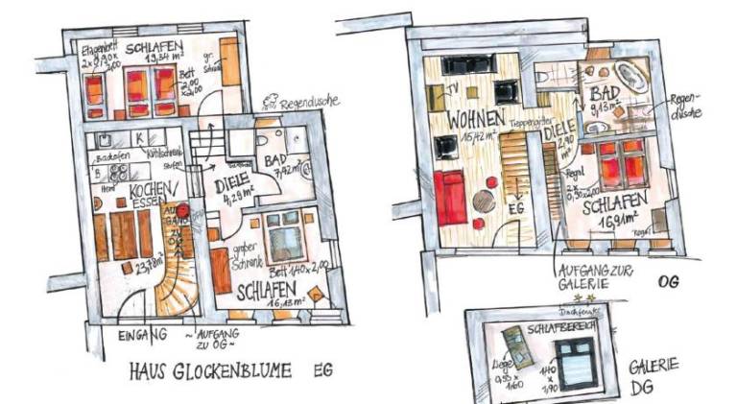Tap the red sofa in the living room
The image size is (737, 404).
450,197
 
